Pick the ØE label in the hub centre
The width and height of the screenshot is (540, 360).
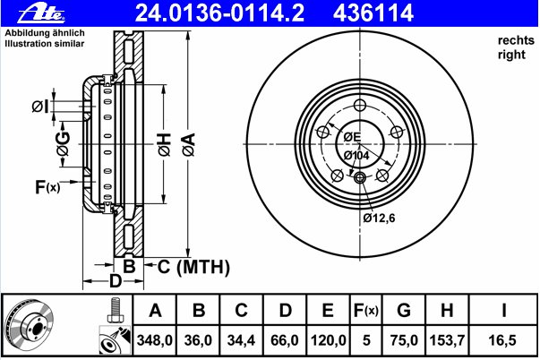351,137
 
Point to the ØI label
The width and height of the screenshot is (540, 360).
39,107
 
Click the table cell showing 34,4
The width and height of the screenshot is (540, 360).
241,339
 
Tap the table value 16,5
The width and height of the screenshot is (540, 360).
504,339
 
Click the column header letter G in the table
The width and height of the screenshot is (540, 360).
404,312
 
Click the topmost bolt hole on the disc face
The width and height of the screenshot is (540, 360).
360,103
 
